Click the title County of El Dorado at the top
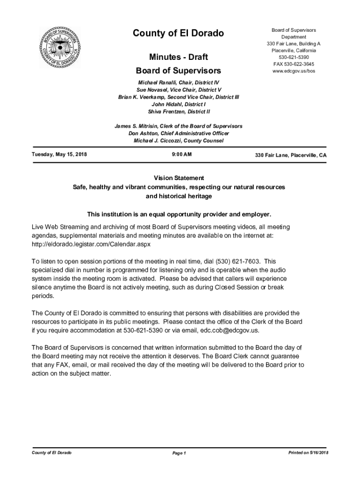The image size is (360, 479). [x=178, y=33]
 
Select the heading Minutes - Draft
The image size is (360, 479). [x=178, y=57]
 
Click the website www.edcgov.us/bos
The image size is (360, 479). [x=294, y=71]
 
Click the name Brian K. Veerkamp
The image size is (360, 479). [x=141, y=97]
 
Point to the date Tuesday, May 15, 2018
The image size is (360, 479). [x=59, y=154]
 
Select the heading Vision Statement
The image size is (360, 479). [x=179, y=178]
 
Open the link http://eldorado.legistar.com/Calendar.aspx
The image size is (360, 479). [x=91, y=244]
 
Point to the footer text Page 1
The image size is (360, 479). [x=179, y=453]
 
